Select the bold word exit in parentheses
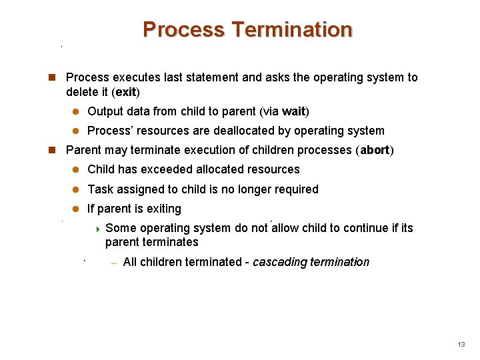126,91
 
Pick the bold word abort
375,150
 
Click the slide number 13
461,345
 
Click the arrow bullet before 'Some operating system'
97,229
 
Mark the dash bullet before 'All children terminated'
113,263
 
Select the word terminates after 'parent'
175,242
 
